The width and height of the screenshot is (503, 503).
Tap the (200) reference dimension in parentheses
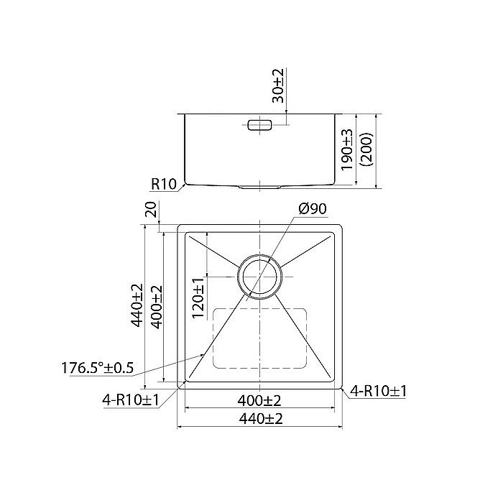point(366,149)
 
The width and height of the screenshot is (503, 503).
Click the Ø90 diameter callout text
point(310,209)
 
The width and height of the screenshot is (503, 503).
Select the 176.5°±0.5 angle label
point(98,368)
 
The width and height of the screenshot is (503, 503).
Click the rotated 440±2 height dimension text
point(137,305)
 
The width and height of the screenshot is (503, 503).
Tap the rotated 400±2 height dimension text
point(156,305)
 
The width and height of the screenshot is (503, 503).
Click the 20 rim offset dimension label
point(151,210)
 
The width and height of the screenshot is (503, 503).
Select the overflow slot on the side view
point(259,125)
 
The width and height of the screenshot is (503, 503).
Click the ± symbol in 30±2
point(279,85)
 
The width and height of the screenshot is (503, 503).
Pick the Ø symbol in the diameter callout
point(301,209)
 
